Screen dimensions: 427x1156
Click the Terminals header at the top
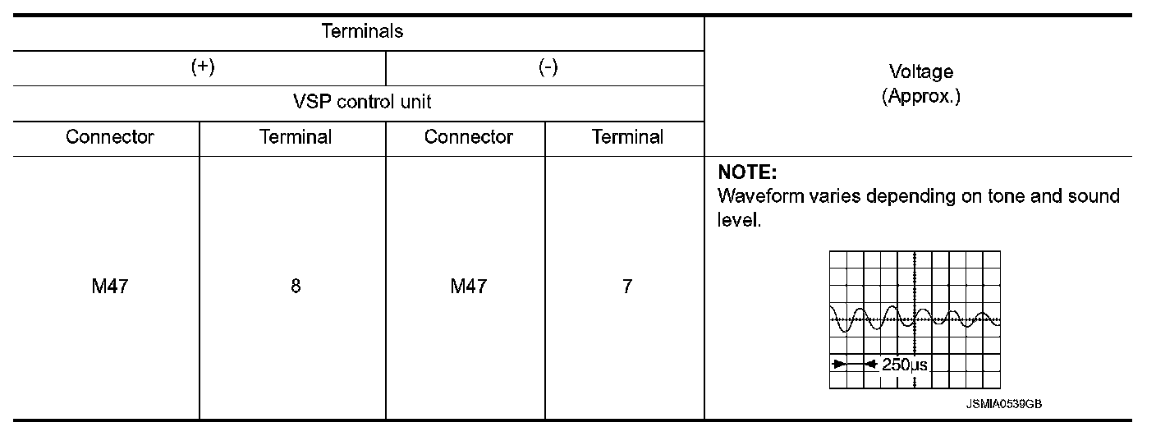[362, 32]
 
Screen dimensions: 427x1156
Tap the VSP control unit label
[362, 103]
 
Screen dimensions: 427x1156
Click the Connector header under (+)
[111, 137]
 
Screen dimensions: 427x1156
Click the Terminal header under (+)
[296, 137]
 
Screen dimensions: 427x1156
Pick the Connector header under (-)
[469, 137]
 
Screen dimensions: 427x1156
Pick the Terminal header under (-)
[627, 137]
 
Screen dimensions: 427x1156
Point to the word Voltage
[921, 72]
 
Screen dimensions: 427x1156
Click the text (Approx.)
[921, 96]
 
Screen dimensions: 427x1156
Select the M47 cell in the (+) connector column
[109, 288]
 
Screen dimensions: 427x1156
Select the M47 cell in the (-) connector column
[468, 288]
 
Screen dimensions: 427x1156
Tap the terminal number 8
[296, 288]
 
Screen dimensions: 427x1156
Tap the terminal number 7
[627, 288]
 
